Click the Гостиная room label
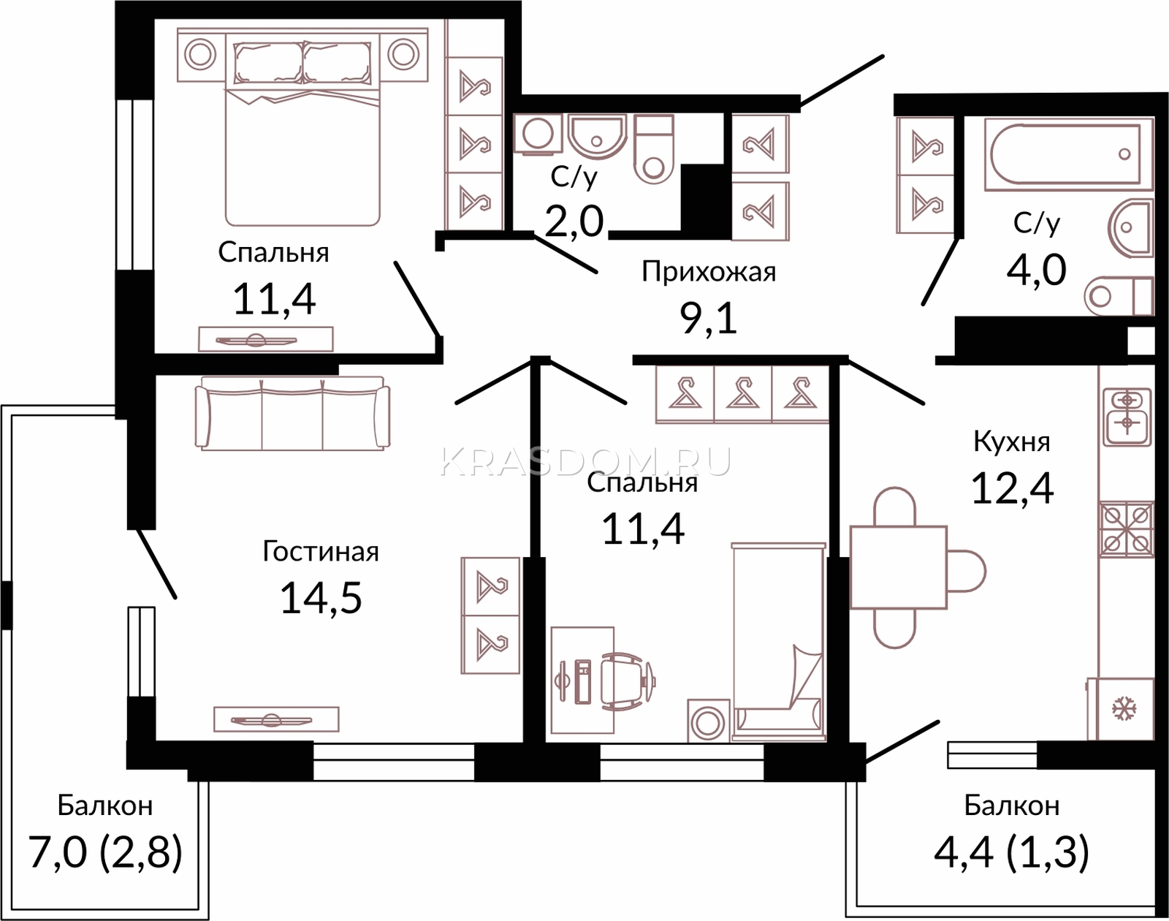[x=321, y=553]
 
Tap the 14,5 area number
[x=321, y=597]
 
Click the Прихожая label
[x=709, y=272]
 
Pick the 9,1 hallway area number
[x=709, y=317]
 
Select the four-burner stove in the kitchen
[x=1127, y=529]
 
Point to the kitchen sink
[x=1127, y=416]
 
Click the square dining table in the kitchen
[x=899, y=566]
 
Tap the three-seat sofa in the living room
[x=293, y=413]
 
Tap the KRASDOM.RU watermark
[x=585, y=463]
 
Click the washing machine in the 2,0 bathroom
[x=537, y=134]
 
